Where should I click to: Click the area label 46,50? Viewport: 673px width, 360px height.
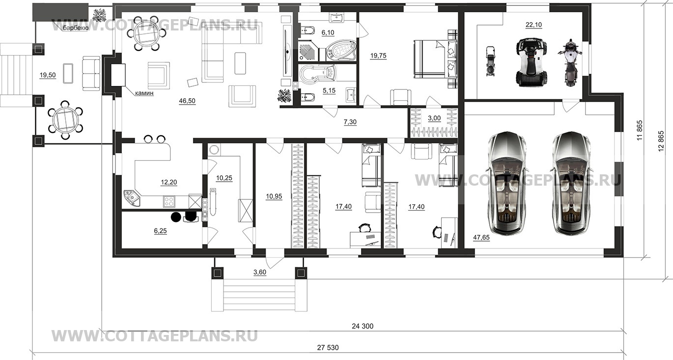(x=187, y=101)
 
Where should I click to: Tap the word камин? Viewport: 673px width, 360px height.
(x=144, y=93)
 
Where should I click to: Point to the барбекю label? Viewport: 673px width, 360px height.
(x=76, y=28)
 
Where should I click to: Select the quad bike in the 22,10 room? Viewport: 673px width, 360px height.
(x=532, y=62)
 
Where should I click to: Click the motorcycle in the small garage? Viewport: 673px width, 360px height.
(x=569, y=62)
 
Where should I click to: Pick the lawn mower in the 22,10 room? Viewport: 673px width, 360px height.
(x=490, y=61)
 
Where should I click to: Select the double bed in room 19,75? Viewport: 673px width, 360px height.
(x=435, y=59)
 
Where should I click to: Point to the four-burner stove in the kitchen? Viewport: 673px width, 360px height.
(x=169, y=201)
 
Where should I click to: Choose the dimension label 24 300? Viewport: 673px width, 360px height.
(x=363, y=326)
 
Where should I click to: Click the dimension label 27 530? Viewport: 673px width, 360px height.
(x=328, y=348)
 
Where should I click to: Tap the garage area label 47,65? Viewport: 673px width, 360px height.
(x=481, y=238)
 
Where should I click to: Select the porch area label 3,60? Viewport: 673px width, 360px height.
(x=260, y=273)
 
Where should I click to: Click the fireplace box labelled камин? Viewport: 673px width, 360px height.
(x=118, y=75)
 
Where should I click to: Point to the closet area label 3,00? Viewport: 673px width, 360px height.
(x=434, y=118)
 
